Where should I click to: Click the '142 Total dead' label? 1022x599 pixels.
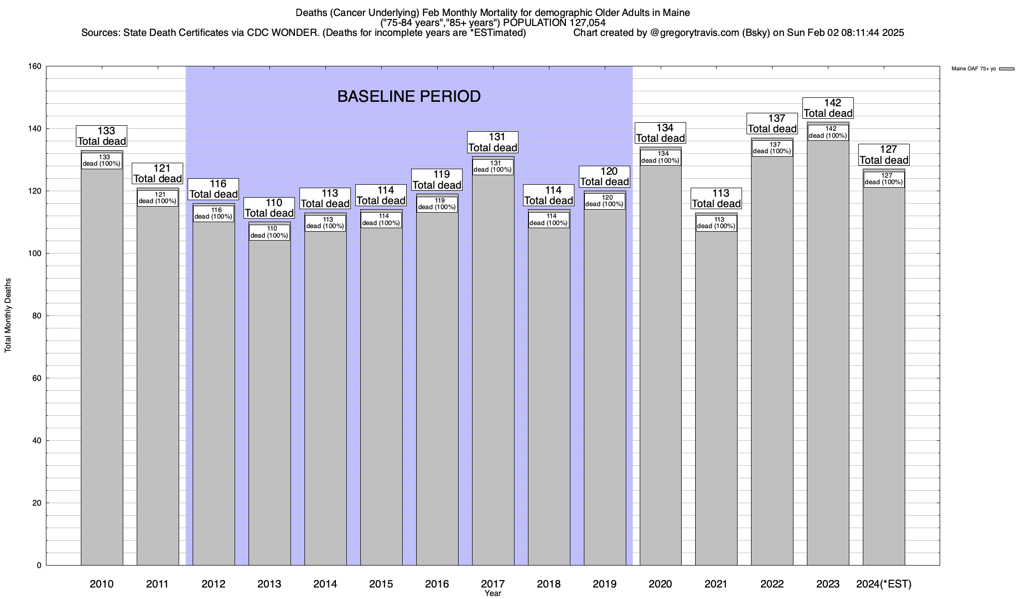[x=828, y=108]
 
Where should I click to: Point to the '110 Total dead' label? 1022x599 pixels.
[x=269, y=208]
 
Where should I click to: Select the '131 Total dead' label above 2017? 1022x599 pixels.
[x=493, y=142]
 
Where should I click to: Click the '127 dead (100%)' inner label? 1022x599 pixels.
[x=884, y=179]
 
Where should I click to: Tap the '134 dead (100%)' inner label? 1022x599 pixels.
[x=660, y=157]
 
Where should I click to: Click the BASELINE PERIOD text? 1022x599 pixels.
[x=409, y=96]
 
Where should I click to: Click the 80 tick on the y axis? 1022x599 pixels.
[x=37, y=316]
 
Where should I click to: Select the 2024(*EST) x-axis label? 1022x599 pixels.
[x=884, y=584]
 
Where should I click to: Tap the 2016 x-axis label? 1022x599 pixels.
[x=437, y=584]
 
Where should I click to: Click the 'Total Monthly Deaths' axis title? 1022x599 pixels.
[x=8, y=315]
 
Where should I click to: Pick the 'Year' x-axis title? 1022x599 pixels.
[x=493, y=594]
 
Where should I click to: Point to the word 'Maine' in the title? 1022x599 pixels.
[x=676, y=12]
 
